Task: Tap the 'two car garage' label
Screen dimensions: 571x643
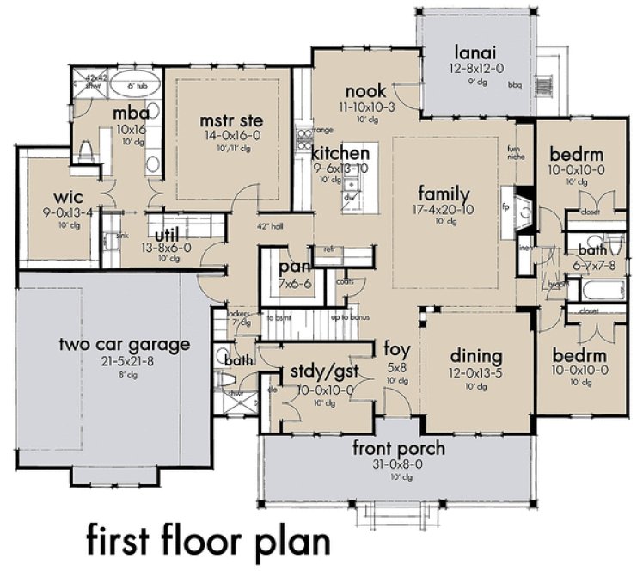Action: [124, 345]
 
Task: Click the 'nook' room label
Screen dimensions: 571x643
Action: [366, 91]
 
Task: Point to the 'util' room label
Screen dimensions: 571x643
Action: [172, 233]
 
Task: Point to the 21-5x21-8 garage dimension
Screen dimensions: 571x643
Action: [124, 361]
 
